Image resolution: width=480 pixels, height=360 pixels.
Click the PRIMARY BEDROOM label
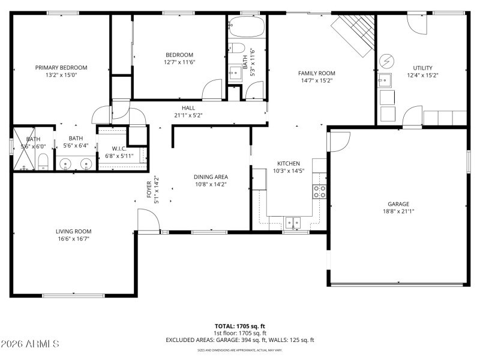point(61,67)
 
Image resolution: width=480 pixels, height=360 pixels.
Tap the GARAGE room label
point(398,203)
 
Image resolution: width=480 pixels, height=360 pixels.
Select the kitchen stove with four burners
point(319,191)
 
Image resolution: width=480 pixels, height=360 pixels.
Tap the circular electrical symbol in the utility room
point(386,61)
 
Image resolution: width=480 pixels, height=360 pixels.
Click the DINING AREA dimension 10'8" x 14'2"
point(211,185)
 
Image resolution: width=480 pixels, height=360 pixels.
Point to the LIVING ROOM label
point(73,231)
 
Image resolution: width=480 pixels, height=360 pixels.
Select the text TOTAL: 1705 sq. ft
point(239,326)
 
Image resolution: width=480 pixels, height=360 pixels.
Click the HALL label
point(188,108)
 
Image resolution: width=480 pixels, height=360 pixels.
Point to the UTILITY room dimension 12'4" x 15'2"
point(422,76)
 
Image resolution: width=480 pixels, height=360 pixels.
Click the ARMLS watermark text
point(30,344)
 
